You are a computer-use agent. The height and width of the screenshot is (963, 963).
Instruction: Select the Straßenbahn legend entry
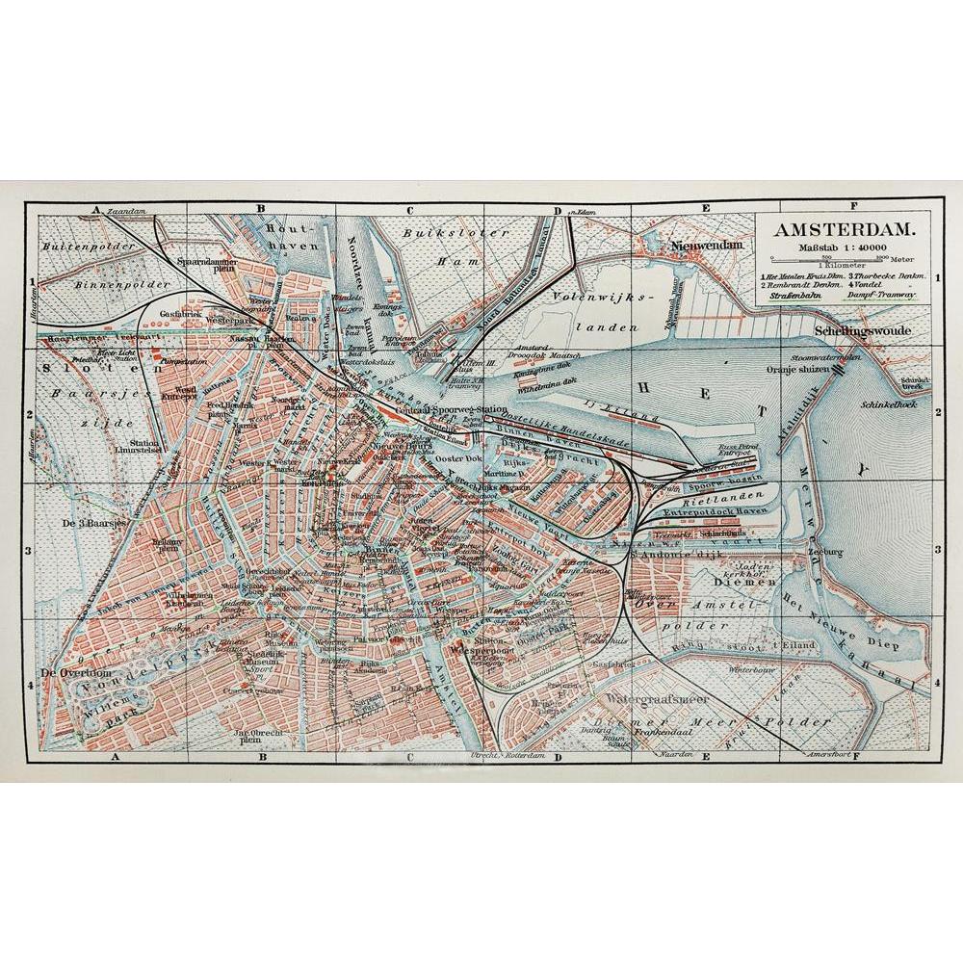[793, 297]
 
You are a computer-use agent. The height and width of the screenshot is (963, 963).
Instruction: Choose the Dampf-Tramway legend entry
[878, 297]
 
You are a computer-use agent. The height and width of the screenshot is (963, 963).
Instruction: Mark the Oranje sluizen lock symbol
[840, 367]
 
